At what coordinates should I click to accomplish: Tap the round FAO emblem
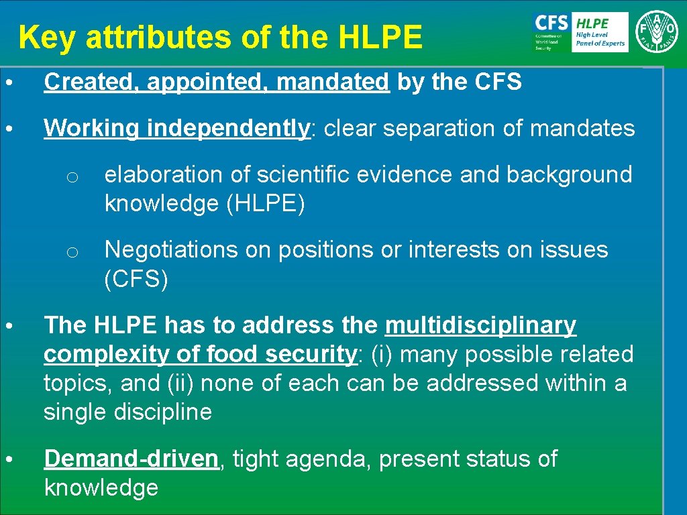(657, 31)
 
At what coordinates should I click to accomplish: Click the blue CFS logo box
(551, 32)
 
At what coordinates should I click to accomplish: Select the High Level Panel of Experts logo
(600, 32)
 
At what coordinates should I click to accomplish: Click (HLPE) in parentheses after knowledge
(266, 204)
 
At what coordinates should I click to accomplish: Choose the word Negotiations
(172, 249)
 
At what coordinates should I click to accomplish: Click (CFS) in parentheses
(136, 279)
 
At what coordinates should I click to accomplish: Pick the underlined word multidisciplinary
(480, 325)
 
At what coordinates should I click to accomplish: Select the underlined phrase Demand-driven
(131, 459)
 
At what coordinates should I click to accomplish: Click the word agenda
(327, 459)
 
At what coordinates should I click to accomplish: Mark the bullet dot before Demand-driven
(7, 459)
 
